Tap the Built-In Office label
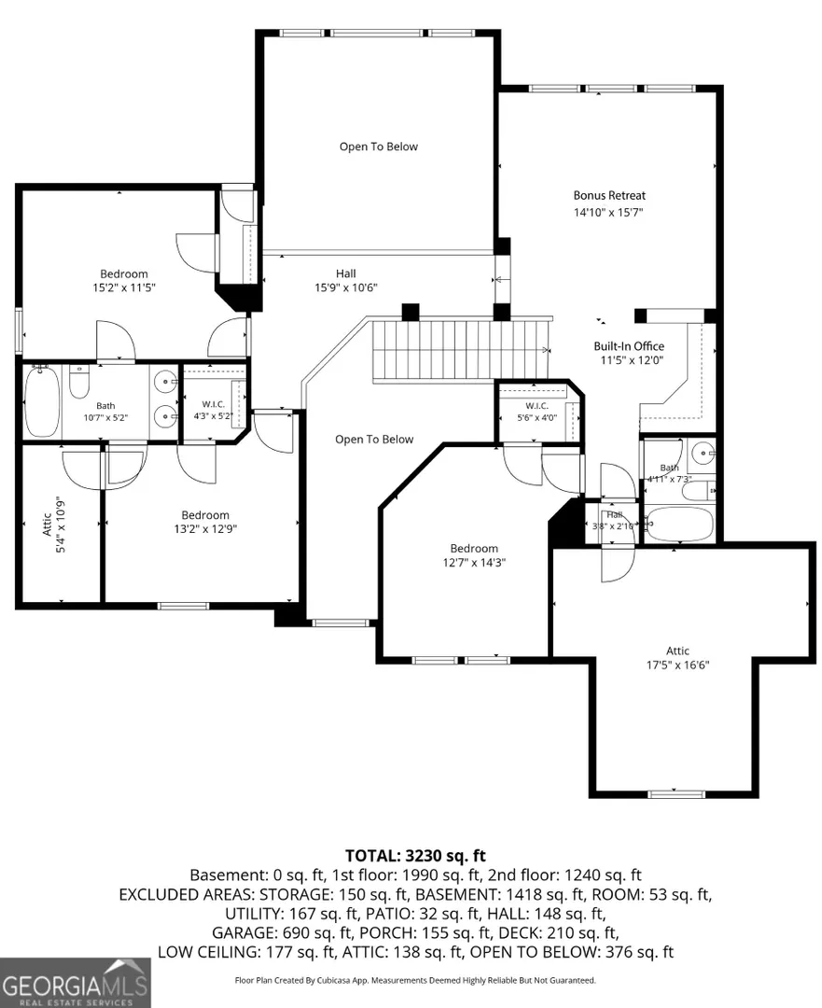pos(629,346)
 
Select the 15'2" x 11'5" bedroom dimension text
pos(124,288)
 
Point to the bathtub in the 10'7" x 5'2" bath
pos(42,402)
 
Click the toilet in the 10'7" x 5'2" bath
pos(79,382)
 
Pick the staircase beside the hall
pos(460,350)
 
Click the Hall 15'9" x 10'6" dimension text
pos(346,288)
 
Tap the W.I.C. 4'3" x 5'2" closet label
pos(214,410)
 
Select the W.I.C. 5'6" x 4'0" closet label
pos(536,412)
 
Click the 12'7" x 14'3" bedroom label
pos(474,555)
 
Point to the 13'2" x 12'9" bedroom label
pos(205,522)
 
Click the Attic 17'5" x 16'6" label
pos(677,658)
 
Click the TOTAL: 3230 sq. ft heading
pos(415,856)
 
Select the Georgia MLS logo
pos(76,983)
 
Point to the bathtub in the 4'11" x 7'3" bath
pos(678,524)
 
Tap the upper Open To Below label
pos(379,147)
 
